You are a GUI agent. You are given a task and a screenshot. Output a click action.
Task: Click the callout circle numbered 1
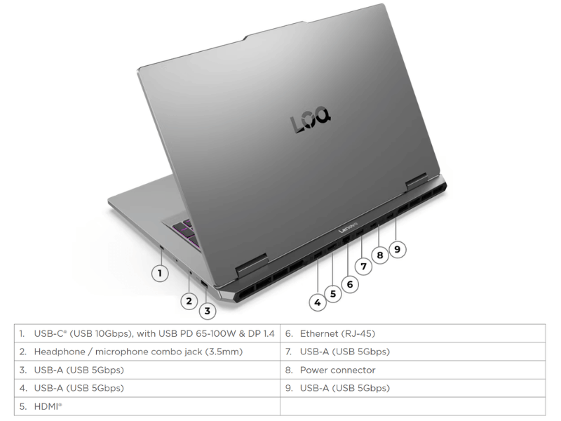pos(160,274)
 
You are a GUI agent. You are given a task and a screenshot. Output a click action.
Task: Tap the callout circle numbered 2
pos(189,301)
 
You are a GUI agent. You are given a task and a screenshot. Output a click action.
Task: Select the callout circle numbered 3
pos(207,311)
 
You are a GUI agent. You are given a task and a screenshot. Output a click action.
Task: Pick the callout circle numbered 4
pos(318,303)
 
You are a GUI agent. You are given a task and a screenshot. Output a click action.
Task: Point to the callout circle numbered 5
pos(333,294)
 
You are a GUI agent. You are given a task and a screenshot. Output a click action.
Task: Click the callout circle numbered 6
pos(349,284)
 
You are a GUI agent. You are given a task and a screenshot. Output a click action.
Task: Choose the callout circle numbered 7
pos(363,267)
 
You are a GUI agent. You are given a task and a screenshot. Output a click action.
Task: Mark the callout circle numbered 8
pos(380,255)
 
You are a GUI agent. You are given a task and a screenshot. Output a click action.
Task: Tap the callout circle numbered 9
pos(397,249)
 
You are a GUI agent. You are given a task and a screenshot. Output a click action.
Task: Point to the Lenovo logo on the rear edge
pos(348,228)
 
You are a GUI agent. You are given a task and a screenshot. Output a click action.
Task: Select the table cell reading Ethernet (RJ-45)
pos(337,334)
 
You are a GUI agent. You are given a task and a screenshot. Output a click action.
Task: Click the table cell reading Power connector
pos(338,370)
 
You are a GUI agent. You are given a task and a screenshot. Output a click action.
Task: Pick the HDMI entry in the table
pos(48,407)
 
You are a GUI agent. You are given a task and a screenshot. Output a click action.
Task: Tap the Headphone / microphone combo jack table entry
pos(138,352)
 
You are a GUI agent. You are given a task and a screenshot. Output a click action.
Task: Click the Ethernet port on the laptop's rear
pos(346,240)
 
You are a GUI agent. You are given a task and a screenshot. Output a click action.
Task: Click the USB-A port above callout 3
pos(203,284)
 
